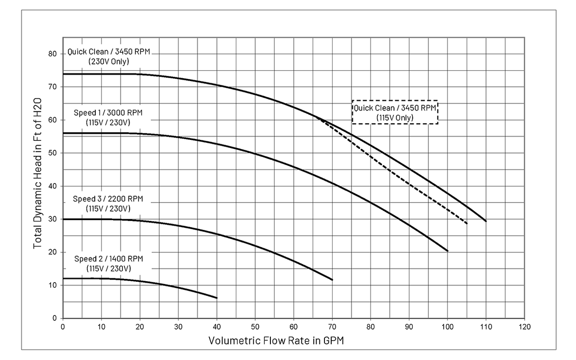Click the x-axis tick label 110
486,327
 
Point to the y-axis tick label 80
54,54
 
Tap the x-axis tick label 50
255,327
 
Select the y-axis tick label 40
54,186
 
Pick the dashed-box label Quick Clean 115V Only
395,112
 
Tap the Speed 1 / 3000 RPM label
108,117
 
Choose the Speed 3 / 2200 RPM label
108,203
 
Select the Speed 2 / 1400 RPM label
108,263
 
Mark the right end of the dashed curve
467,223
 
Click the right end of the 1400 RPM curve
217,298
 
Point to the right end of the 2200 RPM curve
333,280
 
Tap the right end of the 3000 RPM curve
448,251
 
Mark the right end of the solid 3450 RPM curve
486,221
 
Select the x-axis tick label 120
524,327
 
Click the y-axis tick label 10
54,285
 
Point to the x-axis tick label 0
63,327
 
